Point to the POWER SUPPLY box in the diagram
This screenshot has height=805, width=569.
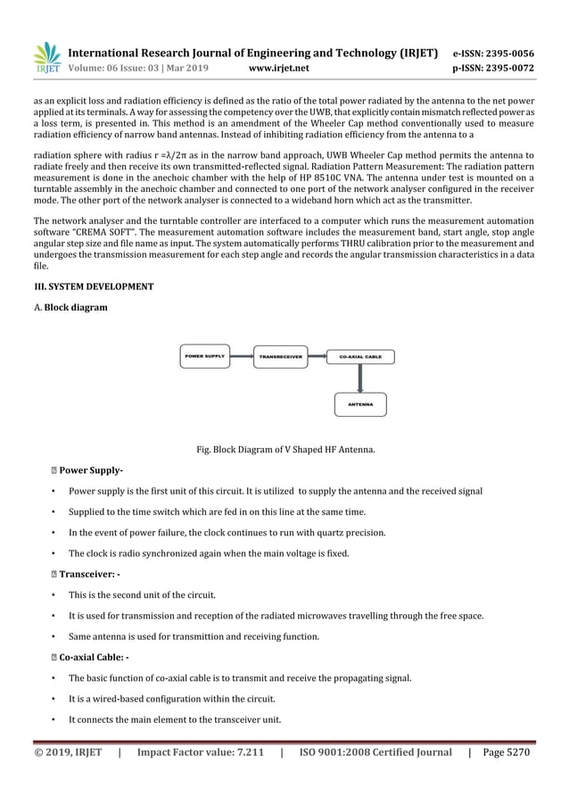coord(205,356)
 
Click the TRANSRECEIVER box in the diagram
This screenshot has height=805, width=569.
coord(280,356)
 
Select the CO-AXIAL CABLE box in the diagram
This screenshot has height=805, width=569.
coord(360,356)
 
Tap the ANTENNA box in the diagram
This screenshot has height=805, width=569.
coord(360,404)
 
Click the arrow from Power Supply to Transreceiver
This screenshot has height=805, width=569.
coord(243,356)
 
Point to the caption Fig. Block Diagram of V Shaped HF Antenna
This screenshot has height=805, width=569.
coord(284,449)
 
